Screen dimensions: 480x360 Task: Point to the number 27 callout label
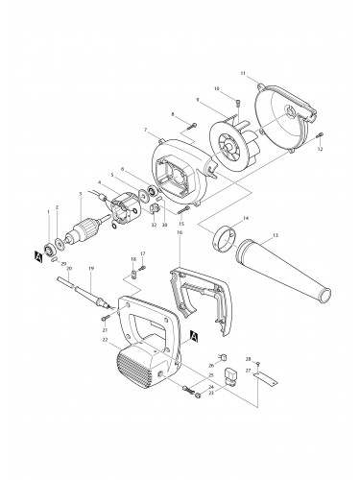[x=247, y=370]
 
